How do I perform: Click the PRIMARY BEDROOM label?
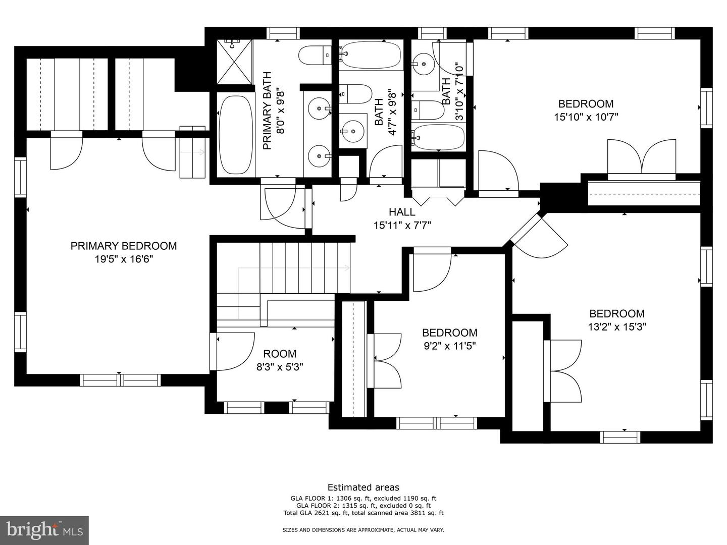pos(124,246)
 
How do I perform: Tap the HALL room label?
pos(402,212)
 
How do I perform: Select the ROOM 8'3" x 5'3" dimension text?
pos(280,367)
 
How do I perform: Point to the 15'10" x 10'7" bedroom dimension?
pos(586,117)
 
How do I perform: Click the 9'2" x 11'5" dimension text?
pos(450,346)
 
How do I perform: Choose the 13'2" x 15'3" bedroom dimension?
pos(617,327)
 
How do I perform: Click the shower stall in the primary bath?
pos(234,62)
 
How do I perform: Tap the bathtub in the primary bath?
pos(235,135)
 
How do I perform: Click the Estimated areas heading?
pos(363,487)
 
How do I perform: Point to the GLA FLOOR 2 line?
pos(363,505)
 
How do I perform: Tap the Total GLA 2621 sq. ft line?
pos(363,513)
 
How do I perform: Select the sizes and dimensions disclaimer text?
pos(363,530)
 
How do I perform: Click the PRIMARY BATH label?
pos(267,111)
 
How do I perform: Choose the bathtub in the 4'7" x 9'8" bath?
pos(371,54)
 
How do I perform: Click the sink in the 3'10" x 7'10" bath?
pos(423,64)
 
